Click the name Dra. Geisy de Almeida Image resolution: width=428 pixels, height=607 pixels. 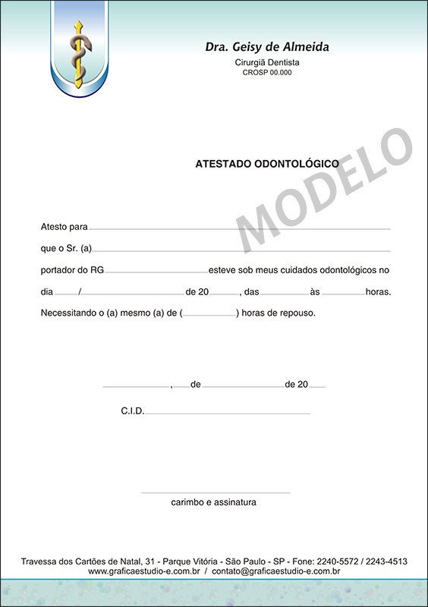coord(267,47)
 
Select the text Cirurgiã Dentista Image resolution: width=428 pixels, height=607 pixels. coord(267,62)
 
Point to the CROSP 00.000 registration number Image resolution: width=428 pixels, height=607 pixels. coord(267,73)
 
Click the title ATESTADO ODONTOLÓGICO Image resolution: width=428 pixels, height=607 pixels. coord(267,163)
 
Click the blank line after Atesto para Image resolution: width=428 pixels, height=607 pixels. coord(240,228)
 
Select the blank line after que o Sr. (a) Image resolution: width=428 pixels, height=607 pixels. coord(241,250)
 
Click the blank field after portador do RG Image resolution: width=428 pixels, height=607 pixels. coord(156,272)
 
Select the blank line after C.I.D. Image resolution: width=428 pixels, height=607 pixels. coord(228,414)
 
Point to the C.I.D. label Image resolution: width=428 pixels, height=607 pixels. coord(132,410)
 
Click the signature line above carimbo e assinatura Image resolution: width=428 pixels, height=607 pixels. coord(215,493)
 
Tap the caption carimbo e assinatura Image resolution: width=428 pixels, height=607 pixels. coord(213,502)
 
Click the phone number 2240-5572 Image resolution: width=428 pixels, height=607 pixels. coord(335,561)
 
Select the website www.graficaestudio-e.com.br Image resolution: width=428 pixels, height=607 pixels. coord(143,571)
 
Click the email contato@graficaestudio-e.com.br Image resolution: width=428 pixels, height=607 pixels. coord(275,571)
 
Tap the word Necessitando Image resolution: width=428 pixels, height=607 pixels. coord(70,313)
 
